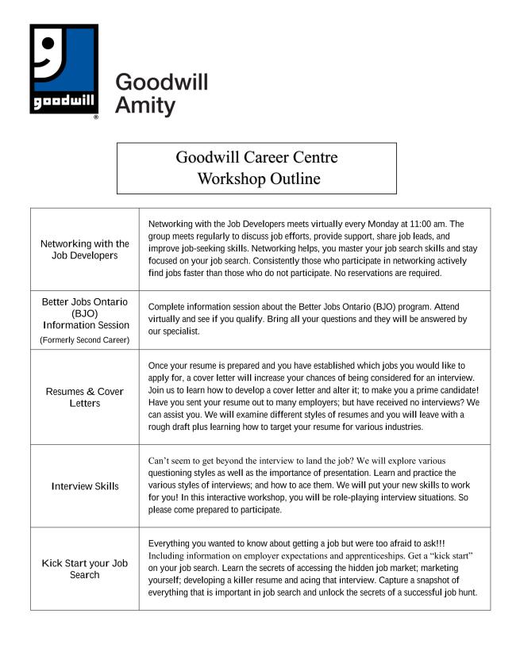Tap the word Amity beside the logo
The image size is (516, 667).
[x=145, y=105]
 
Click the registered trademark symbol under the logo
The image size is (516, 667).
[x=96, y=117]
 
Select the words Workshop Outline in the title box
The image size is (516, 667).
[x=259, y=178]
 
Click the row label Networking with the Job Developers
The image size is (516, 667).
[x=84, y=250]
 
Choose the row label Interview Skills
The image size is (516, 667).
[x=84, y=486]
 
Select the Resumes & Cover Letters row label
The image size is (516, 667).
[x=84, y=397]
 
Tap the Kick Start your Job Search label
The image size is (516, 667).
[x=84, y=569]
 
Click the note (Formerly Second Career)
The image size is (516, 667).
[x=84, y=340]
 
